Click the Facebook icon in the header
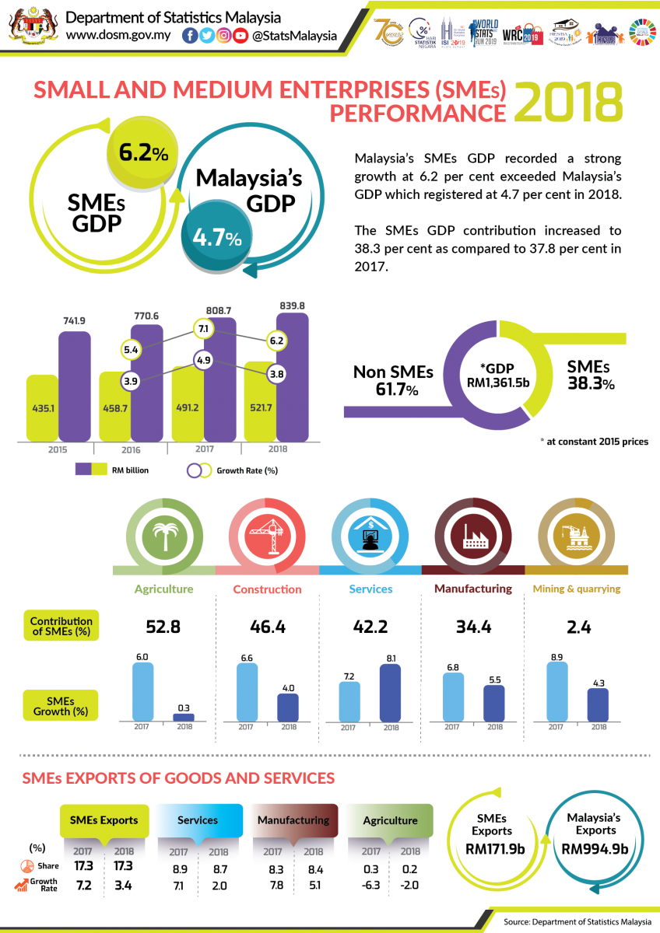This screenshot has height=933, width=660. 189,36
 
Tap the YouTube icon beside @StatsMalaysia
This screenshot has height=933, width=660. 240,36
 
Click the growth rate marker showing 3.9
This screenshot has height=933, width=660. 130,381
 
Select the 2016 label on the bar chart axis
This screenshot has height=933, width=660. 130,449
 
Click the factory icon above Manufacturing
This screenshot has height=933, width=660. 473,534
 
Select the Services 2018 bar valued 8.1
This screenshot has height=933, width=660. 390,692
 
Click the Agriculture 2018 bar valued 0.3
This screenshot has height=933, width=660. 184,716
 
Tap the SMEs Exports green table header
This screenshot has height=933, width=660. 104,819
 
